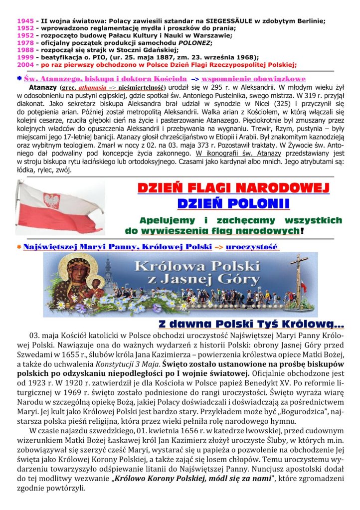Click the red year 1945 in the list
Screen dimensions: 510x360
[x=25, y=21]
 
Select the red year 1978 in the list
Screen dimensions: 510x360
[x=25, y=42]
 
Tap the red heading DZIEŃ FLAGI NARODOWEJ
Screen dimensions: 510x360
[x=233, y=189]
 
